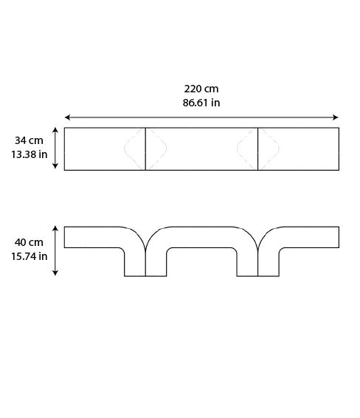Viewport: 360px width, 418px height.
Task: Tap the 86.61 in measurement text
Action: [201, 103]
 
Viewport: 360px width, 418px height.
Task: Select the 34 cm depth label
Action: [29, 140]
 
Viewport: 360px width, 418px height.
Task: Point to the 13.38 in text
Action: [29, 154]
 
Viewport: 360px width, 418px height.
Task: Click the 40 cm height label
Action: [29, 242]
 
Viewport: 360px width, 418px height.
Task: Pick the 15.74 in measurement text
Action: [29, 256]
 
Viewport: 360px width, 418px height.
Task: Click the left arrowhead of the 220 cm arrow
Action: [67, 117]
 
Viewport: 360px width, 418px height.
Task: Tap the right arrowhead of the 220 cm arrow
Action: [336, 117]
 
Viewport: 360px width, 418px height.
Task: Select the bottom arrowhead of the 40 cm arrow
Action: [55, 273]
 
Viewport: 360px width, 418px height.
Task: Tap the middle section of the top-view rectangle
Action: [201, 149]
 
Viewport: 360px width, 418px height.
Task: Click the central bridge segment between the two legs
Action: [201, 239]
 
